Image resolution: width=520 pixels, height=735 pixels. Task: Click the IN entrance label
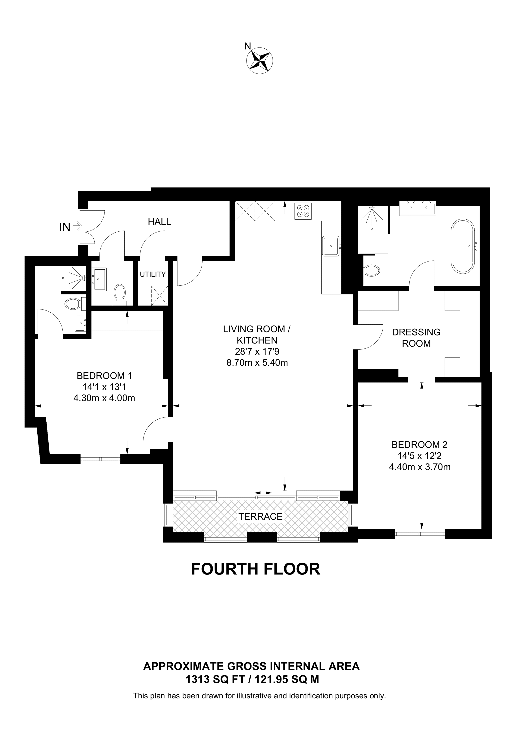(x=65, y=227)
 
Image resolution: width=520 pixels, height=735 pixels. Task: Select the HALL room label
(x=159, y=221)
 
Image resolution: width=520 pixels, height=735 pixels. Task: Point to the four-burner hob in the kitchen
(x=303, y=211)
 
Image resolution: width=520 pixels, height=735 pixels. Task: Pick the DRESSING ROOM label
(x=416, y=338)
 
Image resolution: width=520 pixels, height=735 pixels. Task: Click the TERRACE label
(x=260, y=516)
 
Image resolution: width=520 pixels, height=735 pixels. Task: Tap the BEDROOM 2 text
(x=419, y=445)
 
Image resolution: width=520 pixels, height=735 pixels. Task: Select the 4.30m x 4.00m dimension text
(x=104, y=398)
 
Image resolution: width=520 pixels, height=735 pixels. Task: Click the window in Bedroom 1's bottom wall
(x=100, y=459)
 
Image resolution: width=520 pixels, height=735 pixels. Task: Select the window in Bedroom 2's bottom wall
(x=420, y=533)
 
